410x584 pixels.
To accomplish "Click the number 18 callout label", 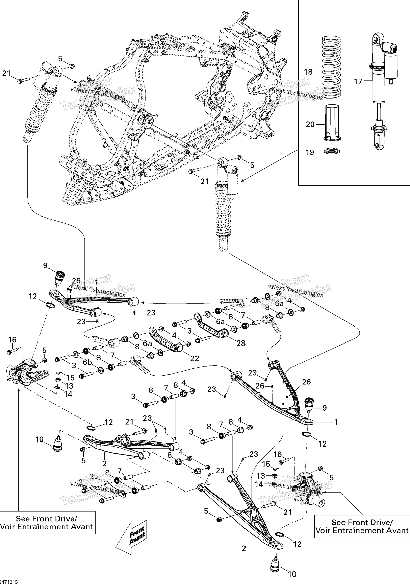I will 308,72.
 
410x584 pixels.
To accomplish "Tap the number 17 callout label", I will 358,82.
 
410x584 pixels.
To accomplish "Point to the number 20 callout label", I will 310,124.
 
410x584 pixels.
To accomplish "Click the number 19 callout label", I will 310,152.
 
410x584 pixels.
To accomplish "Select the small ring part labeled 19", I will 332,151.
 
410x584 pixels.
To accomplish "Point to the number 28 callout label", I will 241,343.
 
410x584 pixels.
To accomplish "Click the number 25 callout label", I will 94,476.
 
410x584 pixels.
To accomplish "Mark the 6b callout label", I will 88,362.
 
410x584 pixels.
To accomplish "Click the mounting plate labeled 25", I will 116,490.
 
